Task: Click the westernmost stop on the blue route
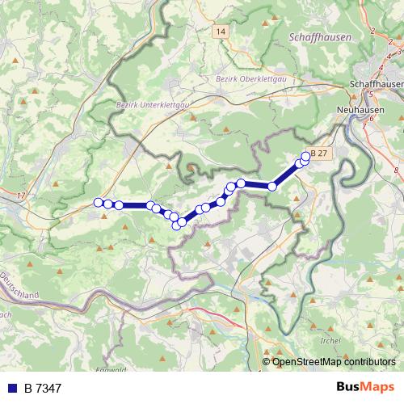click(x=99, y=203)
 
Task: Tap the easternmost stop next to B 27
click(x=305, y=157)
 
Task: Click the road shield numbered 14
click(x=221, y=31)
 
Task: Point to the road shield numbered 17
click(x=20, y=196)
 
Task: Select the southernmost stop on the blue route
click(x=177, y=225)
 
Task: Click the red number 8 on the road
click(x=397, y=170)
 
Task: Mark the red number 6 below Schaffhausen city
click(x=372, y=118)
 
